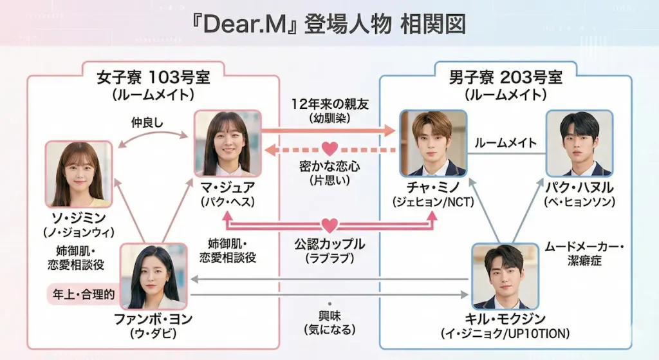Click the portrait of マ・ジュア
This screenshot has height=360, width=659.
(228, 143)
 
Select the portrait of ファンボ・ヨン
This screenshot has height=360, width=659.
(154, 276)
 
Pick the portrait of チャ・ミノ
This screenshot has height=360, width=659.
(432, 143)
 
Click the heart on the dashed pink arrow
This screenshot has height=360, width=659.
(329, 149)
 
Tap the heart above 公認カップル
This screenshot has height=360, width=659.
(329, 226)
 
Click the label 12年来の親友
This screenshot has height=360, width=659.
(329, 105)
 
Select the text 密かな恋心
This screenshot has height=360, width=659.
(329, 167)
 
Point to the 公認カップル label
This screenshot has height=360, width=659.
(329, 245)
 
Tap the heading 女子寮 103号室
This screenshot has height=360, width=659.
(153, 78)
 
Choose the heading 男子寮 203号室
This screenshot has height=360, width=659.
(505, 78)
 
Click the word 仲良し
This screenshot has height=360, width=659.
(148, 121)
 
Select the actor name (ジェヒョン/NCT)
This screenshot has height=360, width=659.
(432, 202)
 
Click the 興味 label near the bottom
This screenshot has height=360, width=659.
(329, 316)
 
